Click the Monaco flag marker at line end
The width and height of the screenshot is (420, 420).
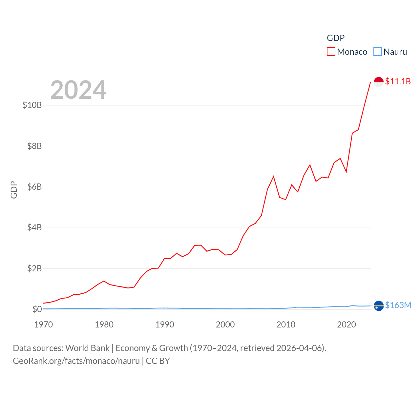tap(379, 82)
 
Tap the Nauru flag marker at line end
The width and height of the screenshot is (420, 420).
tap(379, 306)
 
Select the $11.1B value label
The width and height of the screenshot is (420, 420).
tap(398, 81)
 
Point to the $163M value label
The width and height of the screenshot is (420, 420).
tap(398, 305)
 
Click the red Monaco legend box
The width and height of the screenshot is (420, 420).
tap(331, 52)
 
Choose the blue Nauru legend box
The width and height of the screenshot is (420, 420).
tap(378, 52)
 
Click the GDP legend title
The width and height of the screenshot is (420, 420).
tap(336, 38)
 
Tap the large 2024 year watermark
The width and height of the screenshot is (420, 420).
tap(78, 90)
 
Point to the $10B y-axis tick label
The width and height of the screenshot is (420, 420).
tap(32, 105)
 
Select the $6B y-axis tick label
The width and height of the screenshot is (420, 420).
tap(34, 187)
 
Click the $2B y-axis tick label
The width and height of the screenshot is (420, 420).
tap(34, 268)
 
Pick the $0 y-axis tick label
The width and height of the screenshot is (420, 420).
tap(37, 309)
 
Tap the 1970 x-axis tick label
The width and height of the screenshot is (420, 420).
tap(44, 325)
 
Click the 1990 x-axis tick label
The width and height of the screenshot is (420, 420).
tap(165, 325)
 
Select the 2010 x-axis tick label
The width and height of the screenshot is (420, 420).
tap(286, 325)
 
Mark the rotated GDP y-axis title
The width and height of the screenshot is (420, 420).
tap(14, 190)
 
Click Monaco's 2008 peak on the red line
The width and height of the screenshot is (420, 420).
tap(273, 177)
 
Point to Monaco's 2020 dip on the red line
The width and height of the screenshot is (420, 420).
tap(346, 172)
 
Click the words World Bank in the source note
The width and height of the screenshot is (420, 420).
tap(87, 348)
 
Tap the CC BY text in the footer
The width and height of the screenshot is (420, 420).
tap(158, 361)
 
